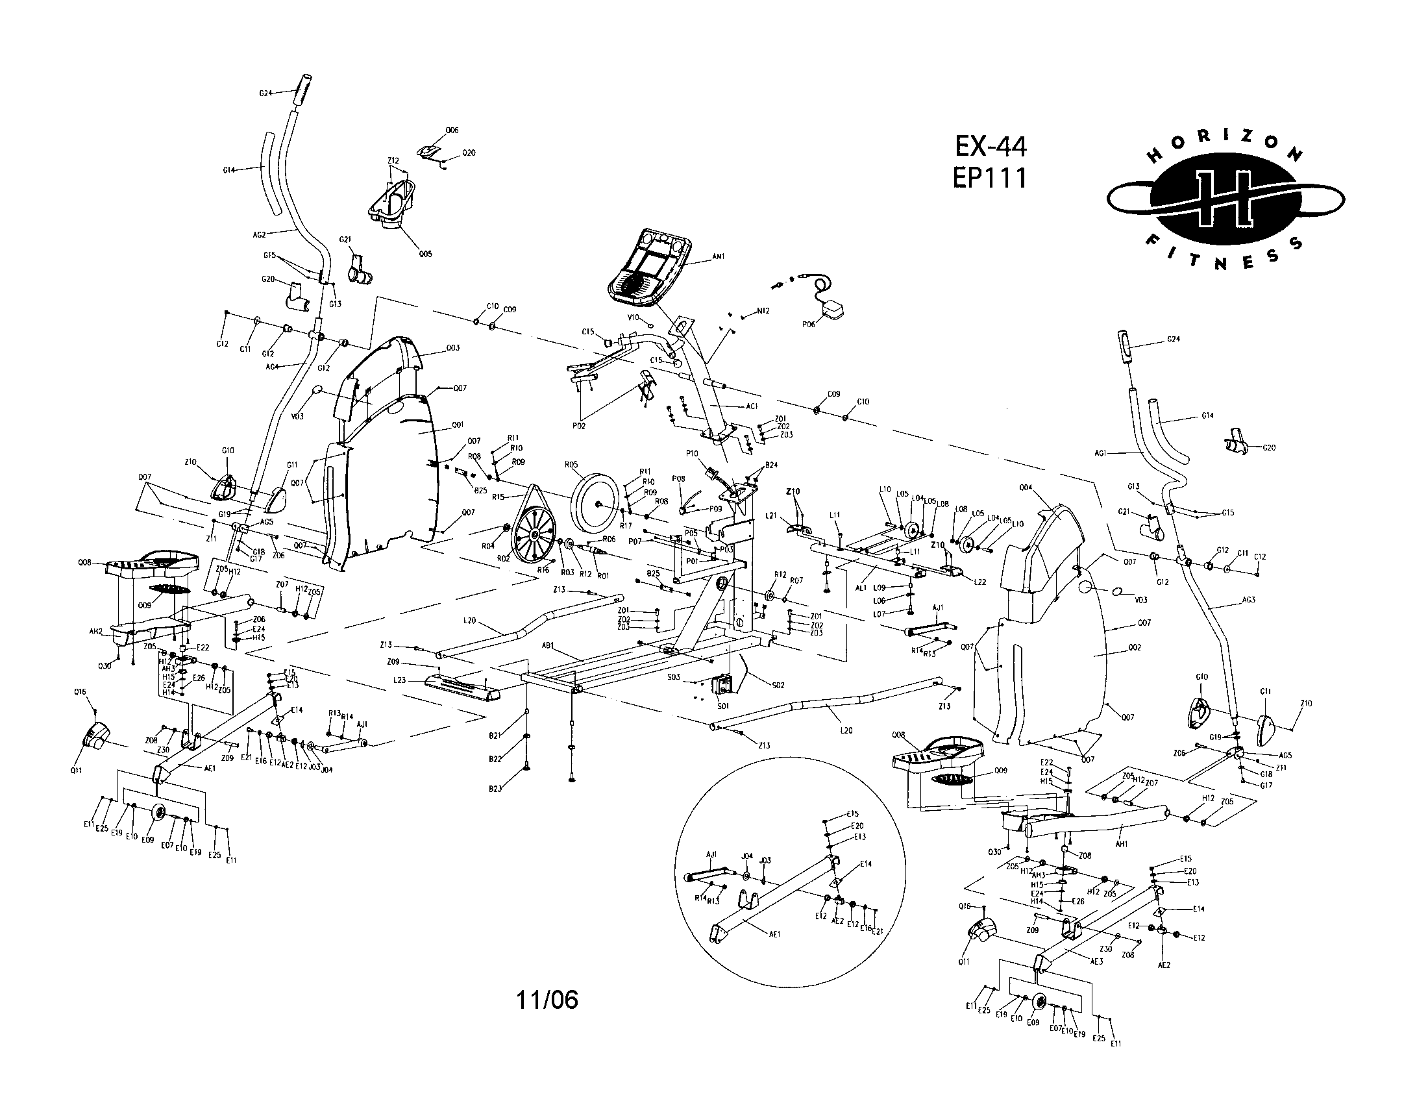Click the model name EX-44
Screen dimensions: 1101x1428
(991, 147)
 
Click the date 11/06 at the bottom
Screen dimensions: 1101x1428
(547, 1000)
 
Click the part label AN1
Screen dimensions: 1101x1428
(719, 257)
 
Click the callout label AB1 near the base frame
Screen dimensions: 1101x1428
(548, 645)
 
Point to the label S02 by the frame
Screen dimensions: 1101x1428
(778, 686)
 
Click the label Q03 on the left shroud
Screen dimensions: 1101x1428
(452, 349)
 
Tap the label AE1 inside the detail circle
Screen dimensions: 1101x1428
(774, 934)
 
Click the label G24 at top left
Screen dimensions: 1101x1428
(265, 93)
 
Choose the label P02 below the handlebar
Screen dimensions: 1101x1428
(578, 426)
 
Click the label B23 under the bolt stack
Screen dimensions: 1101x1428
(495, 789)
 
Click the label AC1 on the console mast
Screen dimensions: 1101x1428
(751, 406)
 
